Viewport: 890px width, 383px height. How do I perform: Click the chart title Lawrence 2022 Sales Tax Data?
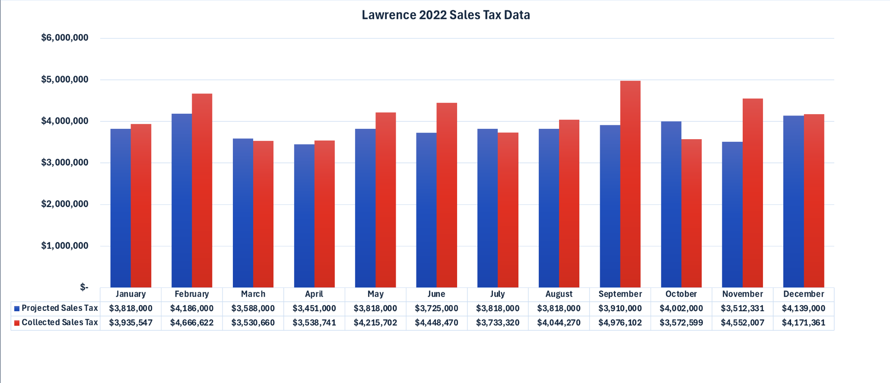445,15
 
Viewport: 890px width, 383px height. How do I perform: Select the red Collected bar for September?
630,186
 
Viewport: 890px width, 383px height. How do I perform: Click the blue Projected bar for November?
732,216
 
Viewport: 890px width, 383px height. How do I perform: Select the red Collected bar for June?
447,197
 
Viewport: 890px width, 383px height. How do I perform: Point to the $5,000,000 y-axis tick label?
65,80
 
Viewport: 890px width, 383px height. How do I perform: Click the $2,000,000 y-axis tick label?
65,204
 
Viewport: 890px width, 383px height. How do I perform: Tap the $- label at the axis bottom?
84,287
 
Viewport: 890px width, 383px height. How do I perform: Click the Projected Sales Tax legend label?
60,308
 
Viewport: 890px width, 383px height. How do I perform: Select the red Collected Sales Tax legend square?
17,323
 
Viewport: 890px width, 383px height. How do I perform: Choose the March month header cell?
253,294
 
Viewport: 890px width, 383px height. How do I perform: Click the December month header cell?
804,294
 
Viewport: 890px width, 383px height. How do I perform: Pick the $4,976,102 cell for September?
620,323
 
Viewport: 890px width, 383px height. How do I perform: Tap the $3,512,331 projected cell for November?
742,309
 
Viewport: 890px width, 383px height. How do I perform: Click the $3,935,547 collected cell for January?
130,323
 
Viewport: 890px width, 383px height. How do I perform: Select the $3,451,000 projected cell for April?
314,309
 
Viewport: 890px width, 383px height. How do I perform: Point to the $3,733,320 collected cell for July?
498,323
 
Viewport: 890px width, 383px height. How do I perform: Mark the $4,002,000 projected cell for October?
681,309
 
